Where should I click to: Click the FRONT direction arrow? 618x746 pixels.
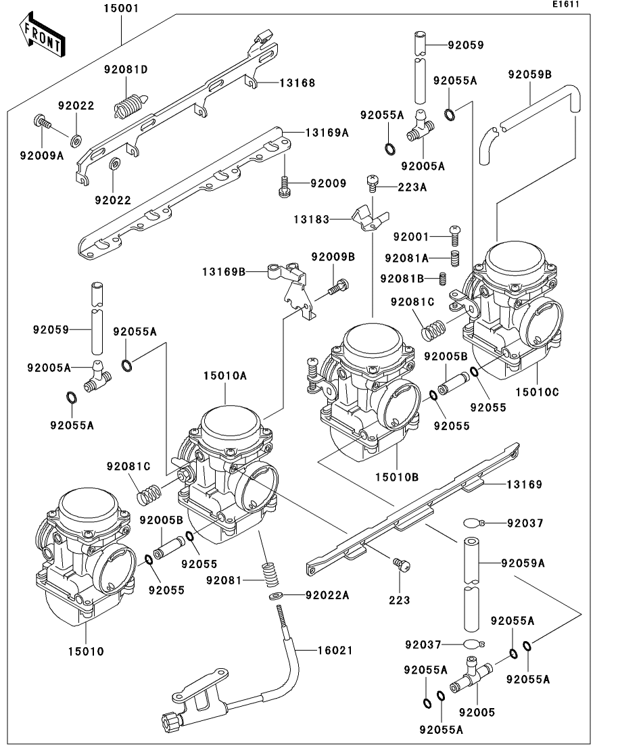43,36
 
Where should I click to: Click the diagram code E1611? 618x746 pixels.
566,4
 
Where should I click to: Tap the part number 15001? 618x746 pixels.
121,9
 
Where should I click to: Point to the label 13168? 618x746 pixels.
297,83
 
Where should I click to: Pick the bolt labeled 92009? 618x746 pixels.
284,186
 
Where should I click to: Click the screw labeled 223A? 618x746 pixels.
372,183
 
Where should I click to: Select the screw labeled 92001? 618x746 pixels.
455,236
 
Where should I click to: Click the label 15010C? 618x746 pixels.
537,392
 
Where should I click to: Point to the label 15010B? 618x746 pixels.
397,477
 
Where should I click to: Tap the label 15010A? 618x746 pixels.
225,376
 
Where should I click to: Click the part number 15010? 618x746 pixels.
86,651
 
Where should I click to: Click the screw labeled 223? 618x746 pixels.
401,565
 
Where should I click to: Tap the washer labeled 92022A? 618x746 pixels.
275,596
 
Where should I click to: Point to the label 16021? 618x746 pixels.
335,650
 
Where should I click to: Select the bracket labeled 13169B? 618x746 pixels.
291,290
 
